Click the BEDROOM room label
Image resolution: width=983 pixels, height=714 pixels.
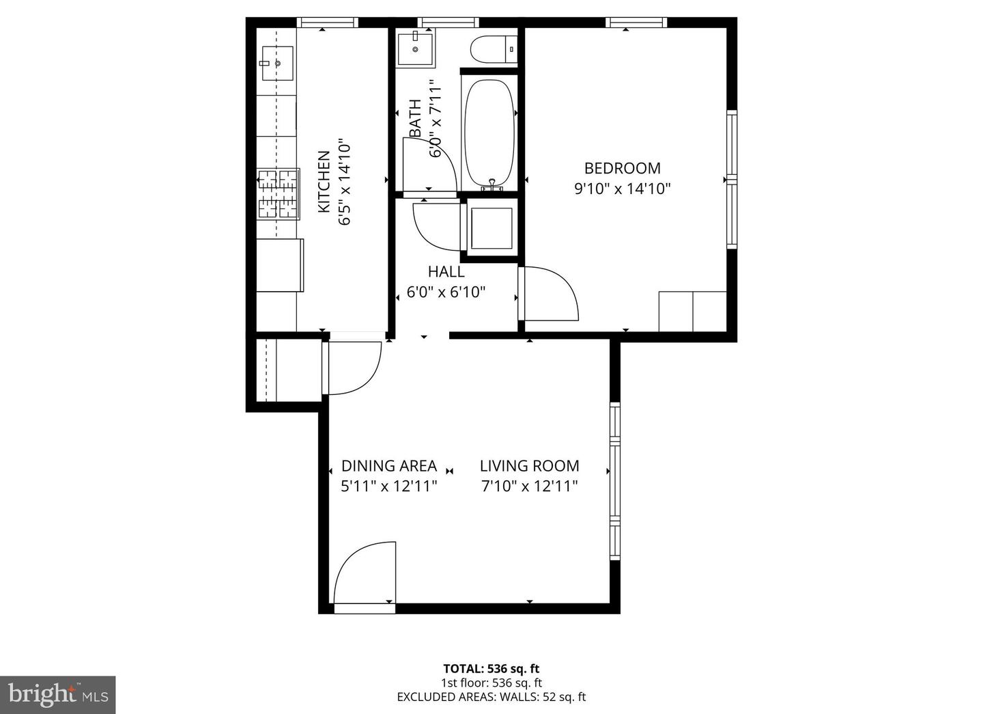[x=622, y=168]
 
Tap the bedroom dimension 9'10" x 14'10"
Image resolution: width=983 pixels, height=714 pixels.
[x=622, y=189]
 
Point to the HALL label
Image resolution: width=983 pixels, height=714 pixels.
[x=446, y=271]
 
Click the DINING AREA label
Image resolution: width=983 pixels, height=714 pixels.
[x=388, y=466]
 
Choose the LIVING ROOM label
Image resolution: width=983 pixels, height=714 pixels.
[x=529, y=466]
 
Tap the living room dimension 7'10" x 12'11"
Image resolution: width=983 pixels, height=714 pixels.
[x=529, y=486]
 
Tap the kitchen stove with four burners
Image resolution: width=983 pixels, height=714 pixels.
[x=278, y=194]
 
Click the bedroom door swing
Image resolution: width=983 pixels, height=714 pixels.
[x=548, y=294]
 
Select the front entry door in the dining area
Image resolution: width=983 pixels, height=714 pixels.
[x=365, y=574]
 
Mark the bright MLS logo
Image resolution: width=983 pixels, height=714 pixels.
[x=57, y=695]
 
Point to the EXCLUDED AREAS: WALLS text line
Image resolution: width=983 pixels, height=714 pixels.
[x=491, y=697]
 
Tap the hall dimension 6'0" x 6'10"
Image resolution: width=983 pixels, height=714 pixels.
[x=446, y=292]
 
